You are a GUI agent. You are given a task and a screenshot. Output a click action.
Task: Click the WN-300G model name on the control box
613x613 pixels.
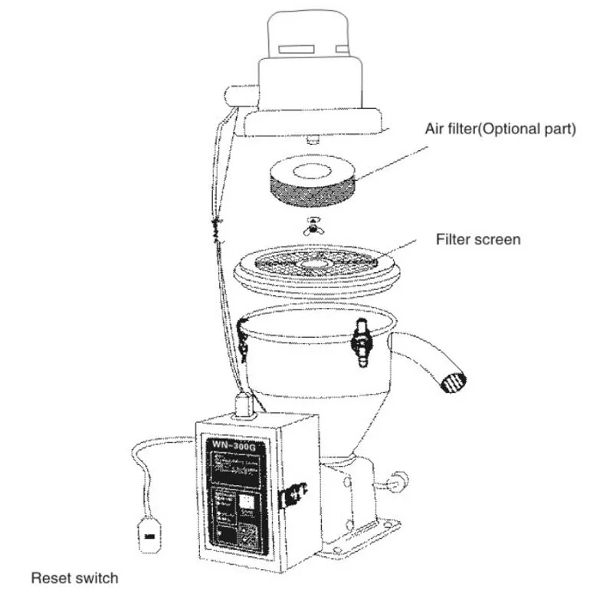(x=229, y=446)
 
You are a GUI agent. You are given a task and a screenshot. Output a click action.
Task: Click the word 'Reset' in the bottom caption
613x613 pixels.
(x=49, y=578)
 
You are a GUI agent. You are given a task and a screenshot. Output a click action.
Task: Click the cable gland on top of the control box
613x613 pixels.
(x=243, y=404)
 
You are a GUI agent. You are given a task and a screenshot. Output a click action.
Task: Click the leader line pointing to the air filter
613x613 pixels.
(x=392, y=157)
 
